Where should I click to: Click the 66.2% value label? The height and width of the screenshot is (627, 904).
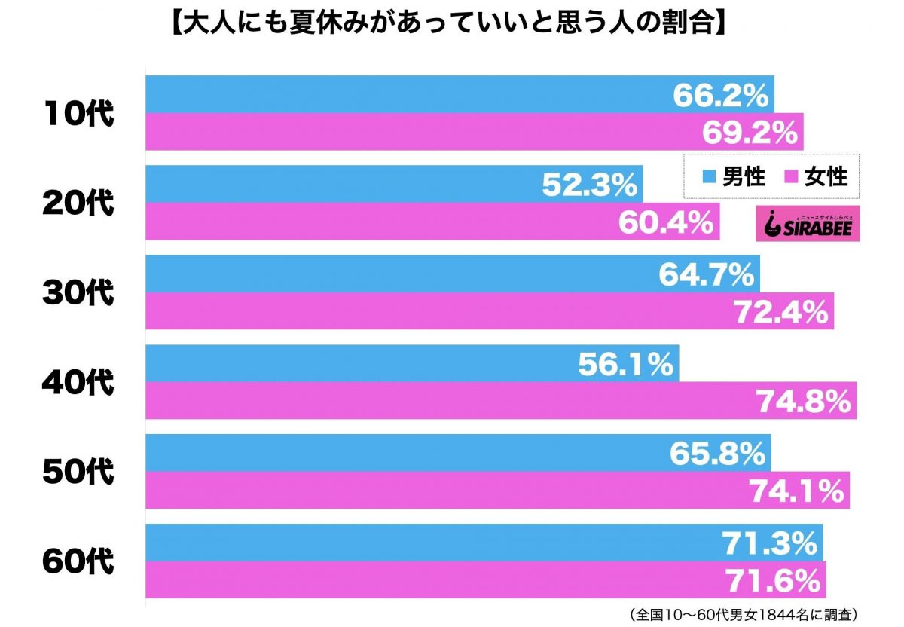pyautogui.click(x=720, y=96)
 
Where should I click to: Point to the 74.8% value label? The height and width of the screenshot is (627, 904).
pyautogui.click(x=803, y=402)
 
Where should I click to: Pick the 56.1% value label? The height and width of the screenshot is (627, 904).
pyautogui.click(x=625, y=365)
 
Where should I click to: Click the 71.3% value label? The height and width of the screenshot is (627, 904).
pyautogui.click(x=769, y=543)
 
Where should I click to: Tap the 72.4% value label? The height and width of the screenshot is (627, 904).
pyautogui.click(x=780, y=311)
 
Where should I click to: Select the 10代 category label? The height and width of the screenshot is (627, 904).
pyautogui.click(x=77, y=114)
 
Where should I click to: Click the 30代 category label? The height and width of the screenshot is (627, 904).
pyautogui.click(x=77, y=292)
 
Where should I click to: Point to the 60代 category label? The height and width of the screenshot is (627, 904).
pyautogui.click(x=77, y=561)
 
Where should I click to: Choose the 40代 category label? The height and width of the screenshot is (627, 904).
pyautogui.click(x=77, y=382)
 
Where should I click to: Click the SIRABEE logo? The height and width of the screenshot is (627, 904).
pyautogui.click(x=807, y=225)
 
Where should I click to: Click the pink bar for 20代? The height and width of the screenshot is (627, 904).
pyautogui.click(x=377, y=222)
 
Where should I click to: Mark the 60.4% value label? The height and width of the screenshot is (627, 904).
pyautogui.click(x=665, y=222)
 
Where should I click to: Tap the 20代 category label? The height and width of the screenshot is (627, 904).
pyautogui.click(x=77, y=203)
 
